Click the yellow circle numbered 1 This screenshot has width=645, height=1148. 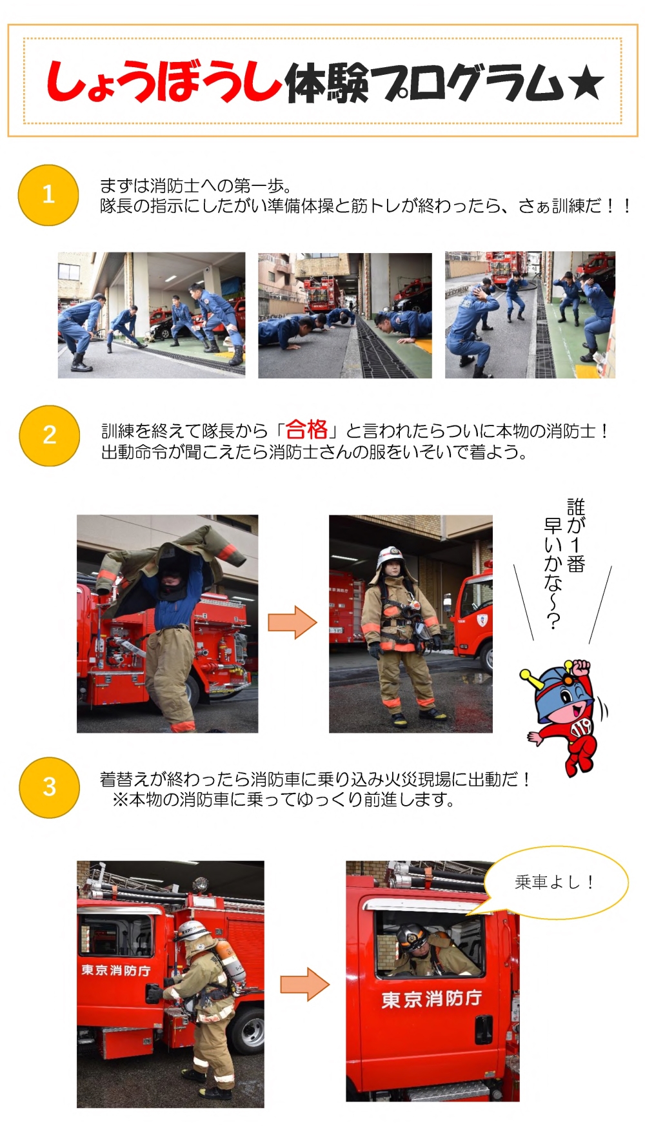[x=48, y=195]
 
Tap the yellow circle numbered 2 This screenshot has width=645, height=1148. [x=50, y=435]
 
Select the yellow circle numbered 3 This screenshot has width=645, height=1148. [x=50, y=787]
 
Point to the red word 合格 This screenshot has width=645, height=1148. [x=306, y=429]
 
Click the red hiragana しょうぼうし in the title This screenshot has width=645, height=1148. [x=164, y=82]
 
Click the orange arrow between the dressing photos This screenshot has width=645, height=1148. [x=293, y=622]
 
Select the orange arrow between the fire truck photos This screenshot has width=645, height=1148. [x=304, y=984]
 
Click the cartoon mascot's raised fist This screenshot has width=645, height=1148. [x=580, y=667]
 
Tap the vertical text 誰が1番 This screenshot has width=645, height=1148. [x=575, y=535]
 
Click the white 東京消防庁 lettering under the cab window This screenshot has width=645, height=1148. [x=432, y=999]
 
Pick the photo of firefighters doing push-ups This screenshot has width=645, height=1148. [x=345, y=316]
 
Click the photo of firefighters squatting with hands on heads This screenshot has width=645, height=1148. [x=530, y=315]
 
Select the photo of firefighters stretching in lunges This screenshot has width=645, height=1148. [x=152, y=315]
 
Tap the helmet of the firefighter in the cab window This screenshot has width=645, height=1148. [x=412, y=936]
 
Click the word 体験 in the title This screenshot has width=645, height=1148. [x=326, y=84]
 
